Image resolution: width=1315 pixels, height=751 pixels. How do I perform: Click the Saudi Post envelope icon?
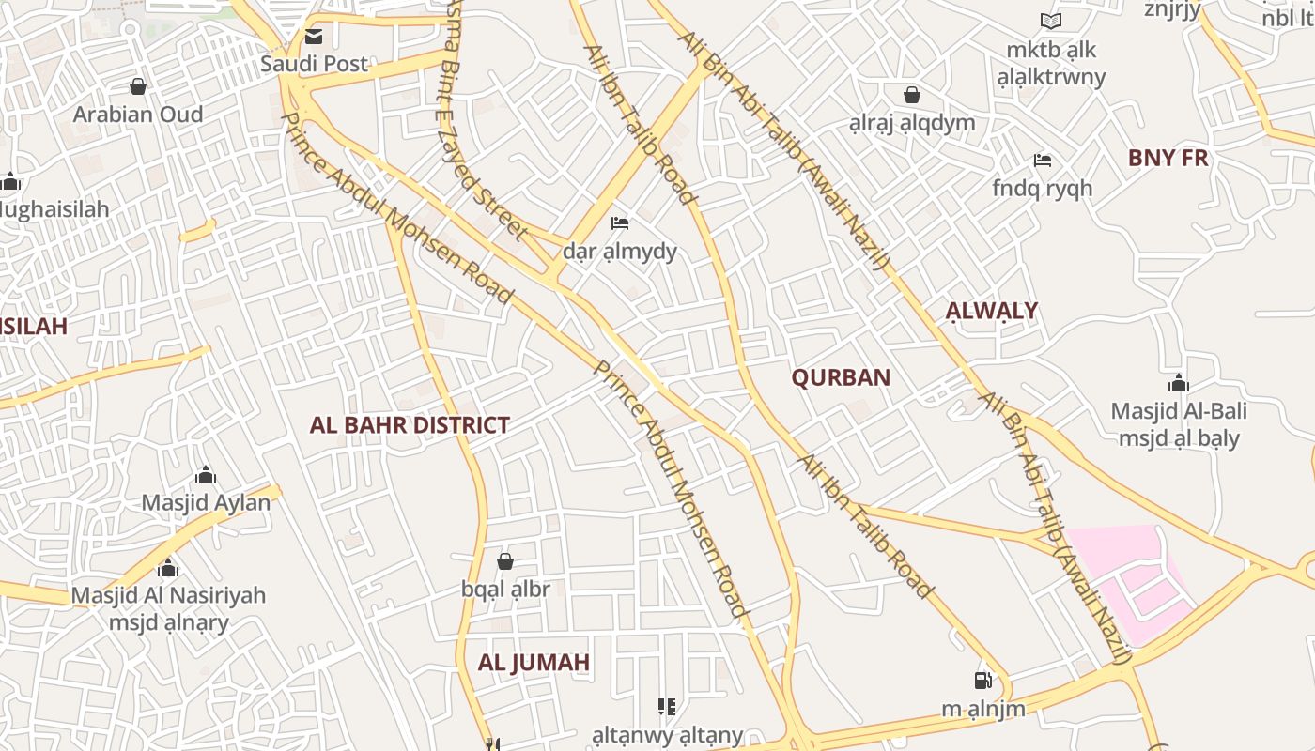point(313,38)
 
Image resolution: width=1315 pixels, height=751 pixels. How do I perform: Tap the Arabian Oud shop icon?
point(138,87)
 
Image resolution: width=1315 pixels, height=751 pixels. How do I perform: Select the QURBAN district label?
point(841,377)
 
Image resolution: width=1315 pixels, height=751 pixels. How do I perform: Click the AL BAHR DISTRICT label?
point(410,425)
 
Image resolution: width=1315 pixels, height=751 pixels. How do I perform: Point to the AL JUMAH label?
point(534,663)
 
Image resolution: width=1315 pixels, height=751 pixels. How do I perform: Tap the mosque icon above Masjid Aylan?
point(206,476)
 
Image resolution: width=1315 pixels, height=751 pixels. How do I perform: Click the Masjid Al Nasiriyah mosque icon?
point(168,568)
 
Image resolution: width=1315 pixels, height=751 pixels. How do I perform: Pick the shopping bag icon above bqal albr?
point(505,561)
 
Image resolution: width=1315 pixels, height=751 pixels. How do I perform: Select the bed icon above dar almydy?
point(620,223)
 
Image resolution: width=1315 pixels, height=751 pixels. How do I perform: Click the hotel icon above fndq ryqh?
point(1043,161)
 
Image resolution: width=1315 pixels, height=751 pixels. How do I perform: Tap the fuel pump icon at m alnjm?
point(983,680)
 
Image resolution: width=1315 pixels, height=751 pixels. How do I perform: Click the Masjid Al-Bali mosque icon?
point(1179,383)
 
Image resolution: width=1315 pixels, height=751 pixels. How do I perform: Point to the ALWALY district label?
point(992,311)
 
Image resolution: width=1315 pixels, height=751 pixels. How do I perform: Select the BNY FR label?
point(1168,158)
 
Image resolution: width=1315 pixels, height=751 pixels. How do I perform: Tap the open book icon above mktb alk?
point(1051,21)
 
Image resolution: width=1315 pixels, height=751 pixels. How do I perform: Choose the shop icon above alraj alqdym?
point(911,95)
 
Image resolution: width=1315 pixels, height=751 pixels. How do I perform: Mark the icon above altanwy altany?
point(667,707)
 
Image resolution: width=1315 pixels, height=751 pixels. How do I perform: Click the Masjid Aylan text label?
point(206,502)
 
